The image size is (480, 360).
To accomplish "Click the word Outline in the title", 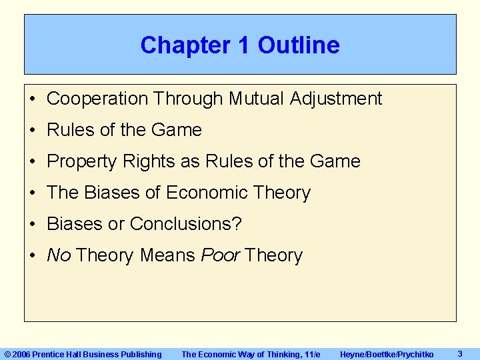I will [299, 45].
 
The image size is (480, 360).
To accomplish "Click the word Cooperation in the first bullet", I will [97, 99].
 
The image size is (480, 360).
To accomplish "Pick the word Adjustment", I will [336, 99].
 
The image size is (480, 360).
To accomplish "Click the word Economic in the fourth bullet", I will [205, 193].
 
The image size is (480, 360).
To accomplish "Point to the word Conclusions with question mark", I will [186, 224].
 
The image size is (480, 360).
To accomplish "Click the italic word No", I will [59, 255].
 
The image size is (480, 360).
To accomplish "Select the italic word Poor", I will [220, 255].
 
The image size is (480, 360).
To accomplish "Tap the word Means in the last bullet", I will [167, 255].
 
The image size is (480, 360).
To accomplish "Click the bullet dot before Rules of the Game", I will [33, 131].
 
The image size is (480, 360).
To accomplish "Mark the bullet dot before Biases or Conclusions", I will [33, 225].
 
